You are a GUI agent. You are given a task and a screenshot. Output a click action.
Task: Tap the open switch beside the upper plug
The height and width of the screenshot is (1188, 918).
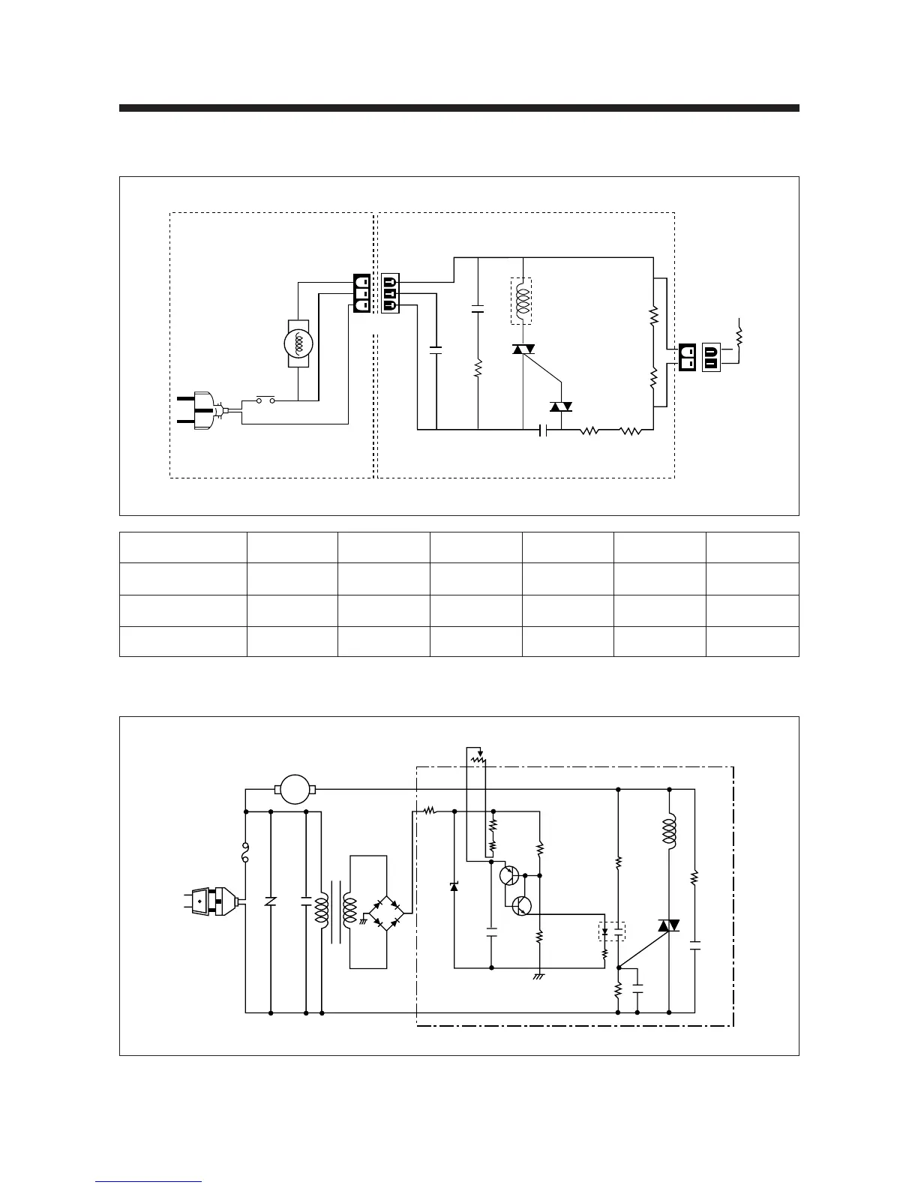point(264,400)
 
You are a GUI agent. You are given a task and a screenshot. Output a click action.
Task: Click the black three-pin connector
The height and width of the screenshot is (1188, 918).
point(361,294)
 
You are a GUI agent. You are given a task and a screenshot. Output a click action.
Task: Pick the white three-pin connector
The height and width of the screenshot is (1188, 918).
point(391,294)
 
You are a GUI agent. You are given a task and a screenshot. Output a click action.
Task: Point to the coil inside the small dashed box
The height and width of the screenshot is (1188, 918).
point(521,301)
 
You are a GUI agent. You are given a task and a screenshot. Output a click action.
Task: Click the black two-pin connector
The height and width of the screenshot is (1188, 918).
point(688,358)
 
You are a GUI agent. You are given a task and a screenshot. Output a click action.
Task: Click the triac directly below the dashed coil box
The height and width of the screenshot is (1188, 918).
point(523,349)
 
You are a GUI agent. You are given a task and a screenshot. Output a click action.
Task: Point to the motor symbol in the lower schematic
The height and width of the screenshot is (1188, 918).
point(294,789)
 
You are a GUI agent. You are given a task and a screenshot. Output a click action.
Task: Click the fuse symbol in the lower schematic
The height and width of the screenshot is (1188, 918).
point(246,853)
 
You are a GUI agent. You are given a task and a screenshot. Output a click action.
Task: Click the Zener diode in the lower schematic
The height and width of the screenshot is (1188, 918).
point(454,886)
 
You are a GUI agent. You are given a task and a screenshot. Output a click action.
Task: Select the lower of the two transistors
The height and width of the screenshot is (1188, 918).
point(523,906)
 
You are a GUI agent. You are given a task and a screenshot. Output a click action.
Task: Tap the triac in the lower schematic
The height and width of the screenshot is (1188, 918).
point(668,925)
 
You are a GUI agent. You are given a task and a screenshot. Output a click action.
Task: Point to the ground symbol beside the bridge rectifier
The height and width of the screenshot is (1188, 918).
point(364,919)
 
